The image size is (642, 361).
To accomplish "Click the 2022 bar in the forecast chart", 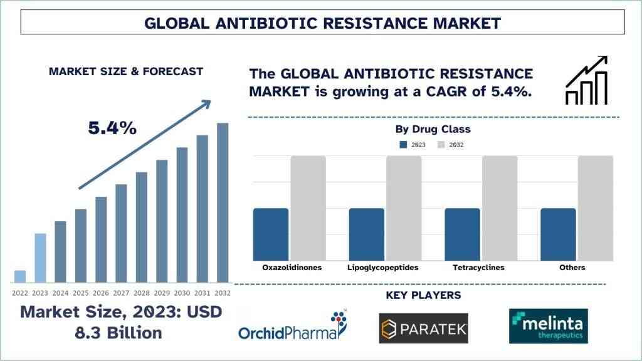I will [x=20, y=276].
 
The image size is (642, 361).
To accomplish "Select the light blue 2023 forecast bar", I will [x=40, y=258].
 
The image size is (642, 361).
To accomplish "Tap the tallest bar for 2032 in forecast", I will [x=223, y=202].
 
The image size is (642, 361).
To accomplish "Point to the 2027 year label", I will [x=121, y=293].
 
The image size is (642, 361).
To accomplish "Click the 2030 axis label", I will [x=182, y=293].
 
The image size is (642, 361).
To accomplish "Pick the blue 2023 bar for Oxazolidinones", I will [x=271, y=234].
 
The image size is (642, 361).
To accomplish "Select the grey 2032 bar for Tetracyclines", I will [x=500, y=208].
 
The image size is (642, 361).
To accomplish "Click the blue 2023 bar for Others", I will [x=558, y=234].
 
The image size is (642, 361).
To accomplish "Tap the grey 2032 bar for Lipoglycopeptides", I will [x=404, y=208].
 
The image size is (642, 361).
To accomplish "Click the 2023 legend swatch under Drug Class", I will [x=404, y=145].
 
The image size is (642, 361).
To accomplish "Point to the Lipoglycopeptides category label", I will [x=382, y=268].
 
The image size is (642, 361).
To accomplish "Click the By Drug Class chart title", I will [x=433, y=129].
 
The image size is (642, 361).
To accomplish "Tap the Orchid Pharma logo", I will [x=293, y=327].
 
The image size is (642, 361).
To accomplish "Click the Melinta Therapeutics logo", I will [x=549, y=326].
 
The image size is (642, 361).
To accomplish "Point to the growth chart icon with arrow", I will [x=587, y=80].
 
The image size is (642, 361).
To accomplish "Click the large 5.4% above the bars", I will [x=112, y=128].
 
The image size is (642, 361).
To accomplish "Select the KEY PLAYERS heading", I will [x=423, y=295].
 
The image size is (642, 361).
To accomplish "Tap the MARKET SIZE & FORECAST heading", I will [x=126, y=71].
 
